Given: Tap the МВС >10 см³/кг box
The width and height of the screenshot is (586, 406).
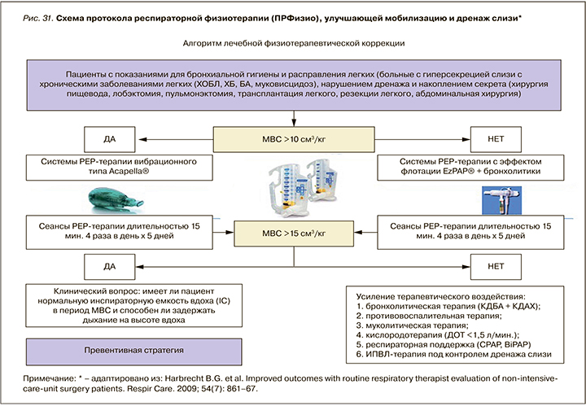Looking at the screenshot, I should [293, 138].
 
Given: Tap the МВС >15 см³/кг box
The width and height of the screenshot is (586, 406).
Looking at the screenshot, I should [293, 234].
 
